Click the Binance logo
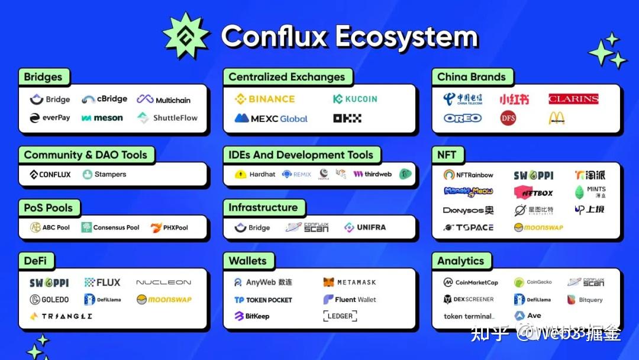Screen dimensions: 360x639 point(264,99)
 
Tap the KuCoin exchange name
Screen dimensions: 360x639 point(355,99)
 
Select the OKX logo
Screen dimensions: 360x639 point(347,118)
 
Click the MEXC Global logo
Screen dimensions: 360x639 point(271,118)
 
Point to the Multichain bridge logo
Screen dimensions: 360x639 point(163,99)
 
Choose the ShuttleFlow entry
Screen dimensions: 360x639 point(167,118)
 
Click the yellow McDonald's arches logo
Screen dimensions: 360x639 point(556,118)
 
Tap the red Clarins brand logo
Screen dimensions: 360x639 point(573,99)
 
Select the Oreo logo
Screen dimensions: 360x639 point(463,118)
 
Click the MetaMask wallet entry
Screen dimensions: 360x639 point(350,282)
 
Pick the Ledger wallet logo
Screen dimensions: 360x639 point(340,316)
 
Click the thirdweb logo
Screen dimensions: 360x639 point(372,174)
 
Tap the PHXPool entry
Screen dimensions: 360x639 point(170,227)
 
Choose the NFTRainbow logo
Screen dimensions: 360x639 point(468,175)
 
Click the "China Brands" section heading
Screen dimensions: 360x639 point(471,77)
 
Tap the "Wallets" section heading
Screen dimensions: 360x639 point(247,261)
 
